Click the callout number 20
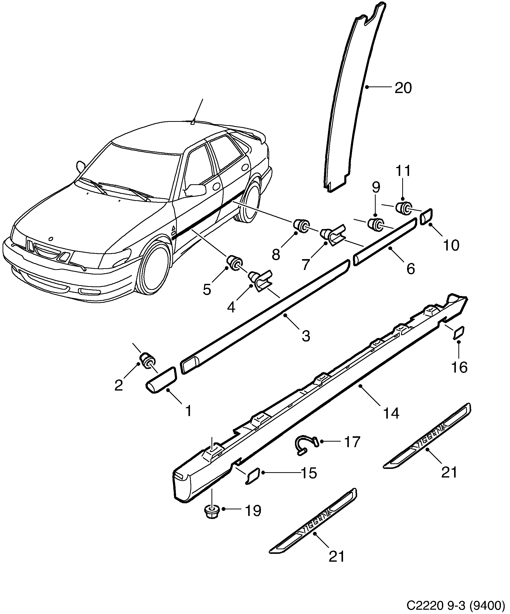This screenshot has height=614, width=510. (x=403, y=88)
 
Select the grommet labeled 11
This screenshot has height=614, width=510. (x=403, y=208)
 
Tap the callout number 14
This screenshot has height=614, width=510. (x=391, y=413)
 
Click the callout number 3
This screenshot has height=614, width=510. (x=306, y=336)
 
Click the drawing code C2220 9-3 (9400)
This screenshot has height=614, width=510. (x=456, y=604)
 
